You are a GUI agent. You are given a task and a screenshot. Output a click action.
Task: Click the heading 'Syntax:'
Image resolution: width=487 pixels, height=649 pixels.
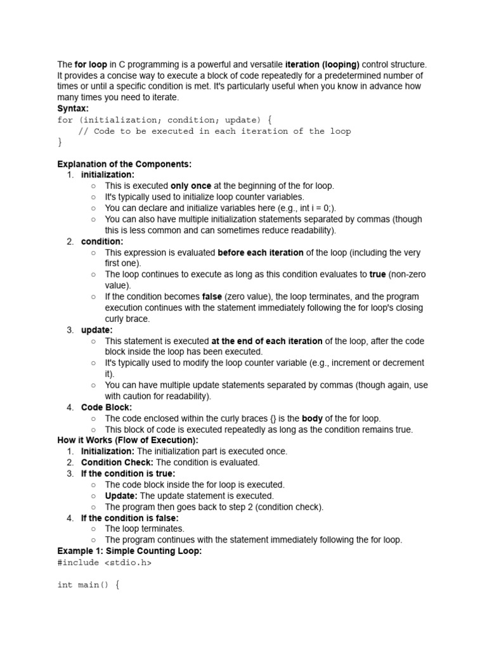pyautogui.click(x=73, y=108)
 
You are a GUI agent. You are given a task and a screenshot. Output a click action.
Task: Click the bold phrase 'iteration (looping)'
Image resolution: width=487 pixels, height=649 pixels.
pyautogui.click(x=322, y=65)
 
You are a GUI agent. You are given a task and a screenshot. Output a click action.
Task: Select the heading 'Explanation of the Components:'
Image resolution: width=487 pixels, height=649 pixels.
pyautogui.click(x=124, y=164)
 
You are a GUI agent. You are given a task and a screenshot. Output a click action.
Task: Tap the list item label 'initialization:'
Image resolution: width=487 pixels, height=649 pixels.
pyautogui.click(x=108, y=174)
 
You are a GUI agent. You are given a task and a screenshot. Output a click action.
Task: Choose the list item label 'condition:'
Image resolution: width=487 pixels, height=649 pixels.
pyautogui.click(x=102, y=241)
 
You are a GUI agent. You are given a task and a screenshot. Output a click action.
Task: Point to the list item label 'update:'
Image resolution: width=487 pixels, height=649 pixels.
pyautogui.click(x=97, y=330)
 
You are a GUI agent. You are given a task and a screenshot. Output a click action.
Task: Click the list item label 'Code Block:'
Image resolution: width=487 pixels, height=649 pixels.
pyautogui.click(x=107, y=408)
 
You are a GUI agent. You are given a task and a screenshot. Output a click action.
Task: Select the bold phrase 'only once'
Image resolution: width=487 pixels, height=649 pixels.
pyautogui.click(x=191, y=186)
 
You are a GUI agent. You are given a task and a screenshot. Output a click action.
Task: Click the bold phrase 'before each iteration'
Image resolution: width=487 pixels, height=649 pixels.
pyautogui.click(x=261, y=252)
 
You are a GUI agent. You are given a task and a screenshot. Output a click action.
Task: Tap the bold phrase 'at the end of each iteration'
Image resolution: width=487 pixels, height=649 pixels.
pyautogui.click(x=266, y=341)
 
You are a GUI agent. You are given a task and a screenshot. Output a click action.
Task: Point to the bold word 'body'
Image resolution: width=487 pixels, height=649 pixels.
pyautogui.click(x=313, y=418)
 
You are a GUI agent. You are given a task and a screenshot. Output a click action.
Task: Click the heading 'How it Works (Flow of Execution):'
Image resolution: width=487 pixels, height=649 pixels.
pyautogui.click(x=127, y=440)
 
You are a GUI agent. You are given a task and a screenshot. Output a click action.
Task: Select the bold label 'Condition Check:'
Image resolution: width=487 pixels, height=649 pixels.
pyautogui.click(x=117, y=463)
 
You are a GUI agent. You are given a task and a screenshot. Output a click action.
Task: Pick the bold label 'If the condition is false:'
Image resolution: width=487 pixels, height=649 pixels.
pyautogui.click(x=130, y=518)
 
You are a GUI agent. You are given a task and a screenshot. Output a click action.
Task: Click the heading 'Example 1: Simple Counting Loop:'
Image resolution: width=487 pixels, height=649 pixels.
pyautogui.click(x=129, y=551)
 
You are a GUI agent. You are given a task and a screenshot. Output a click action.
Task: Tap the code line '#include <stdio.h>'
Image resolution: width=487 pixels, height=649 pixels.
pyautogui.click(x=105, y=562)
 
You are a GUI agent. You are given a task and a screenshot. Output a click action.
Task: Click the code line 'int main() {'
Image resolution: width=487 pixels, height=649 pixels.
pyautogui.click(x=89, y=584)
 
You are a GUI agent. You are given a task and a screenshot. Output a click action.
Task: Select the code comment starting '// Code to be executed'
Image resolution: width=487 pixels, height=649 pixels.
pyautogui.click(x=214, y=131)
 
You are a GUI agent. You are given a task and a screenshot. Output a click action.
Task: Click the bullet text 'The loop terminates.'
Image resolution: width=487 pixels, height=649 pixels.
pyautogui.click(x=145, y=529)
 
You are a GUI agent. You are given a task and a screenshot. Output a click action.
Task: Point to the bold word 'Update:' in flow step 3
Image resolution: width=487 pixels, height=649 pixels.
pyautogui.click(x=121, y=496)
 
